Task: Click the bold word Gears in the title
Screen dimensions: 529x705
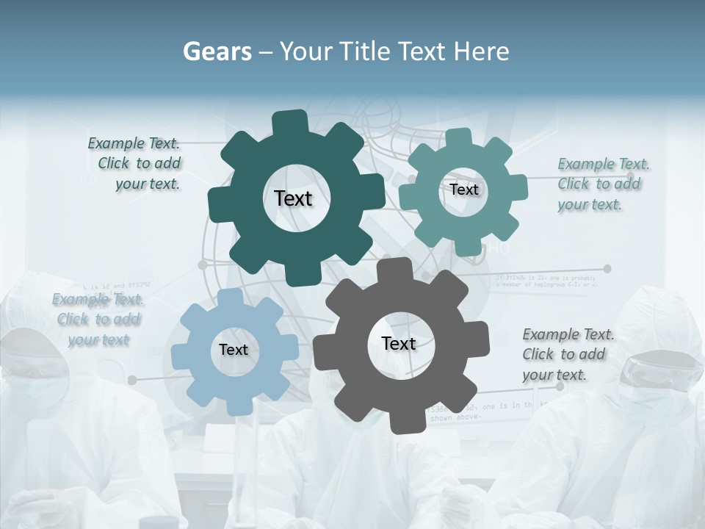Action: tap(217, 51)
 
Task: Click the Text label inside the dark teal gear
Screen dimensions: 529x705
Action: tap(293, 198)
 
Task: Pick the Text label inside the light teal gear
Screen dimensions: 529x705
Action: tap(464, 190)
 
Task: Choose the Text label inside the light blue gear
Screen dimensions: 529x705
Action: tap(234, 350)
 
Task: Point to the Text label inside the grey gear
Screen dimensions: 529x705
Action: tap(399, 343)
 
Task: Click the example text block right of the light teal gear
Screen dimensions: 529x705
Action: tap(602, 184)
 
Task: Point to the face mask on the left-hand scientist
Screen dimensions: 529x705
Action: tap(38, 389)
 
